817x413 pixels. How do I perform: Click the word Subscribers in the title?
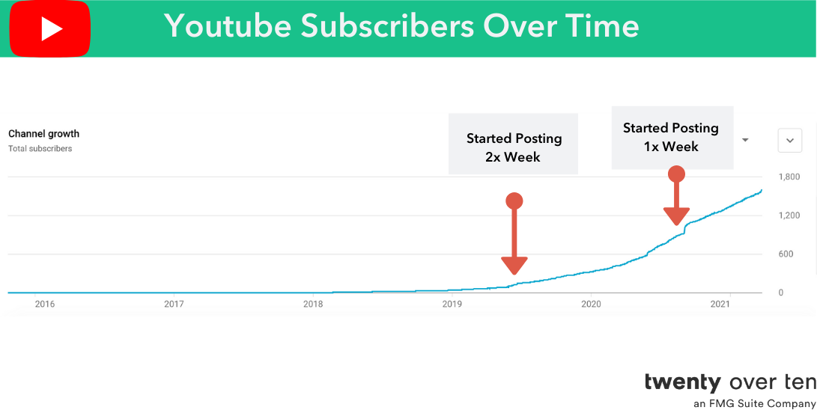[387, 26]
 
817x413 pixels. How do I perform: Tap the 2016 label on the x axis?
[45, 304]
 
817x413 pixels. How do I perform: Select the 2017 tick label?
[174, 304]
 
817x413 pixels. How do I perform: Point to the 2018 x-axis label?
[313, 304]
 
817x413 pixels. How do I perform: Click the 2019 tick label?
[452, 304]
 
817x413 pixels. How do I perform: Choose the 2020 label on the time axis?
[592, 304]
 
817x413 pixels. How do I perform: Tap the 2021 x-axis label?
[720, 304]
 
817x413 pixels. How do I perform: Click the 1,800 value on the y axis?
[789, 177]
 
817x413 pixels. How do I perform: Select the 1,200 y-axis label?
[789, 216]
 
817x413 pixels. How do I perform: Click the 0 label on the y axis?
[780, 293]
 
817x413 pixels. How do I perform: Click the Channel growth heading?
[43, 134]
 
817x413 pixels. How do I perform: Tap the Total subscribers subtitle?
[40, 149]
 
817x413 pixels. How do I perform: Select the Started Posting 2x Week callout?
[514, 147]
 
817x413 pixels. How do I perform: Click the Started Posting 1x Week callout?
[671, 137]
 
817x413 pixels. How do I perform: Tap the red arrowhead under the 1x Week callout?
[676, 215]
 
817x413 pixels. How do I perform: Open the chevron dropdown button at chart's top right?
[790, 140]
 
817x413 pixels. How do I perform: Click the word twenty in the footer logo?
[682, 382]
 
